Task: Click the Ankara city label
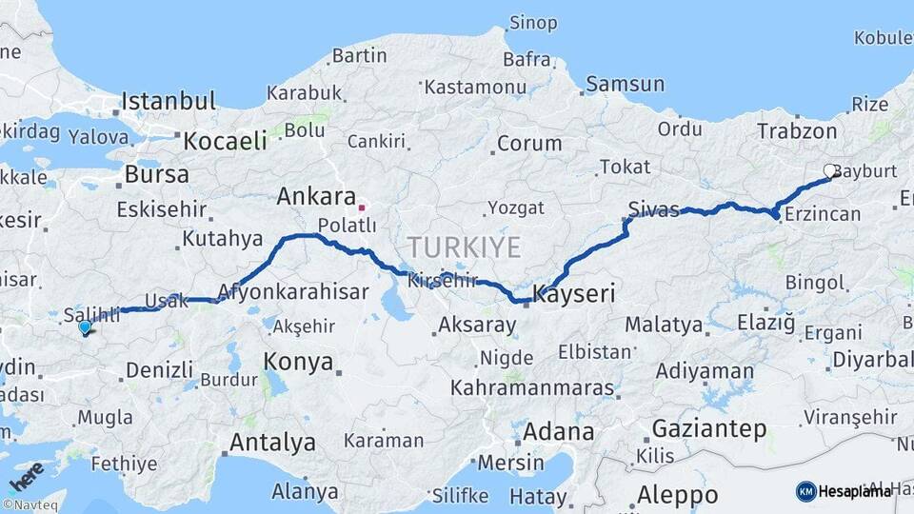point(315,197)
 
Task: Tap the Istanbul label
point(169,101)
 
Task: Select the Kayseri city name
point(573,292)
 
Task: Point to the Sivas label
point(654,208)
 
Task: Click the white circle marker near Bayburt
point(829,171)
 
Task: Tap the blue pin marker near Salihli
point(85,327)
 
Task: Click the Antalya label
point(272,442)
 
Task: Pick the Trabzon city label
point(797,131)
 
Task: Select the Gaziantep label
point(709,429)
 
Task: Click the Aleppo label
point(678,495)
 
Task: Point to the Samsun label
point(625,85)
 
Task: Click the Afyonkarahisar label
point(293,291)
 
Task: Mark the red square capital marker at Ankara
point(362,207)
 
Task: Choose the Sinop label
point(533,22)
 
